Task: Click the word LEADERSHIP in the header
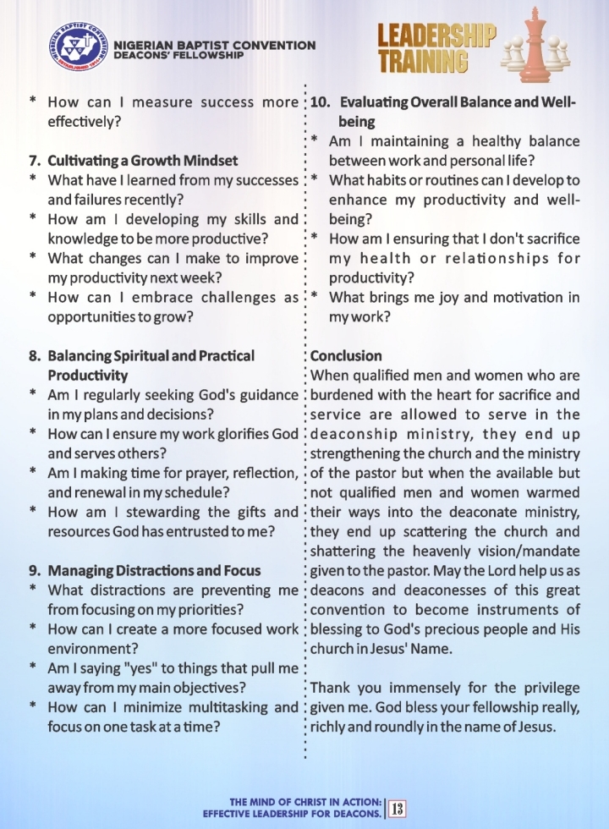click(x=436, y=36)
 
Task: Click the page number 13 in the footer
click(x=397, y=807)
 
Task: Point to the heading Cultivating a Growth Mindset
click(x=142, y=160)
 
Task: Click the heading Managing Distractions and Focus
click(x=154, y=569)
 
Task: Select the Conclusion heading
click(x=346, y=355)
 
